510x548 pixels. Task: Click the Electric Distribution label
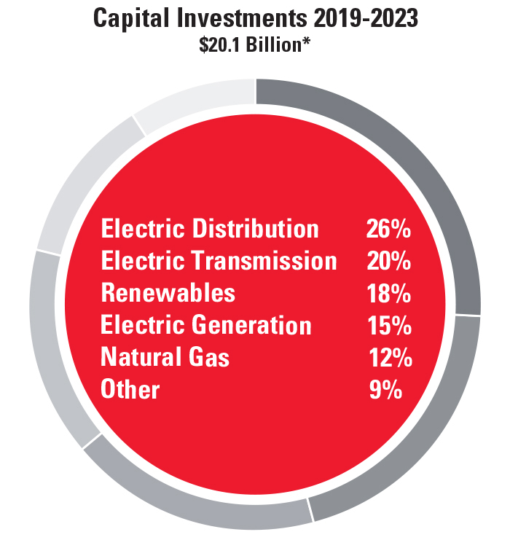210,229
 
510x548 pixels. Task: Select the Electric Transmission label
219,261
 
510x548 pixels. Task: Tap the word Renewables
168,293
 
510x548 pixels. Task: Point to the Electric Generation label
206,325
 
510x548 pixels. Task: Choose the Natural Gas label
165,357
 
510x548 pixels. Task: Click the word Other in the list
130,389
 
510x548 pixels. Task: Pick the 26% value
388,229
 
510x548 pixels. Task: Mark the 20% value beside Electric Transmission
388,261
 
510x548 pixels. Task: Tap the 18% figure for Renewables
388,293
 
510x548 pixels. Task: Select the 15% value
388,325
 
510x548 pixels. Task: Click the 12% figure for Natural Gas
390,357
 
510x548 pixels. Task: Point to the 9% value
386,389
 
